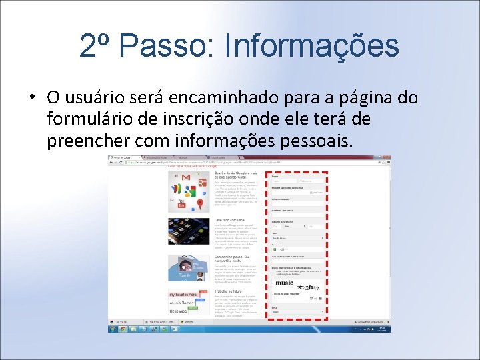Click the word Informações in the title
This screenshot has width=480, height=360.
[x=312, y=46]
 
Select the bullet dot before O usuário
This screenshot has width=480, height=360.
[x=31, y=97]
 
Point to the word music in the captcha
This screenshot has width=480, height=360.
[x=283, y=283]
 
